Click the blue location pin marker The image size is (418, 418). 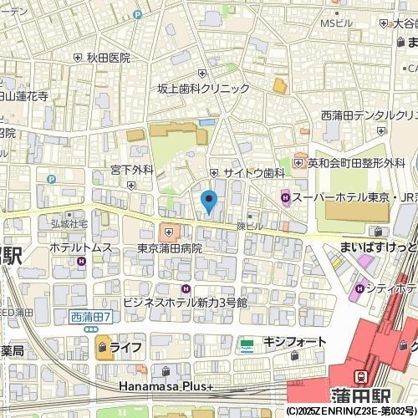coord(209,201)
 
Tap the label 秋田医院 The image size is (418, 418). coord(108,58)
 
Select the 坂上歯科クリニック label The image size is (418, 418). coord(204,88)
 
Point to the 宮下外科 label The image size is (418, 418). coord(132,170)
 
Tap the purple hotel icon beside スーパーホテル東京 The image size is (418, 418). coord(286,198)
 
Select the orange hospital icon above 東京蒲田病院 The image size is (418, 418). coord(170,232)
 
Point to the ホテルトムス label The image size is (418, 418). coord(80,247)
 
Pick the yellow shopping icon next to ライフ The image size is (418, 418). coord(104,347)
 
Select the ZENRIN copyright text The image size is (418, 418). coord(351,411)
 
